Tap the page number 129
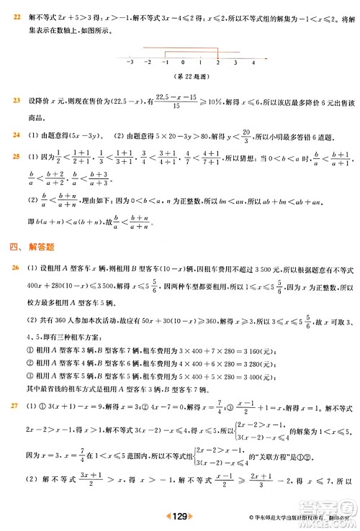click(180, 515)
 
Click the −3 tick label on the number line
click(130, 63)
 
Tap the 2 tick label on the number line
click(217, 63)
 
